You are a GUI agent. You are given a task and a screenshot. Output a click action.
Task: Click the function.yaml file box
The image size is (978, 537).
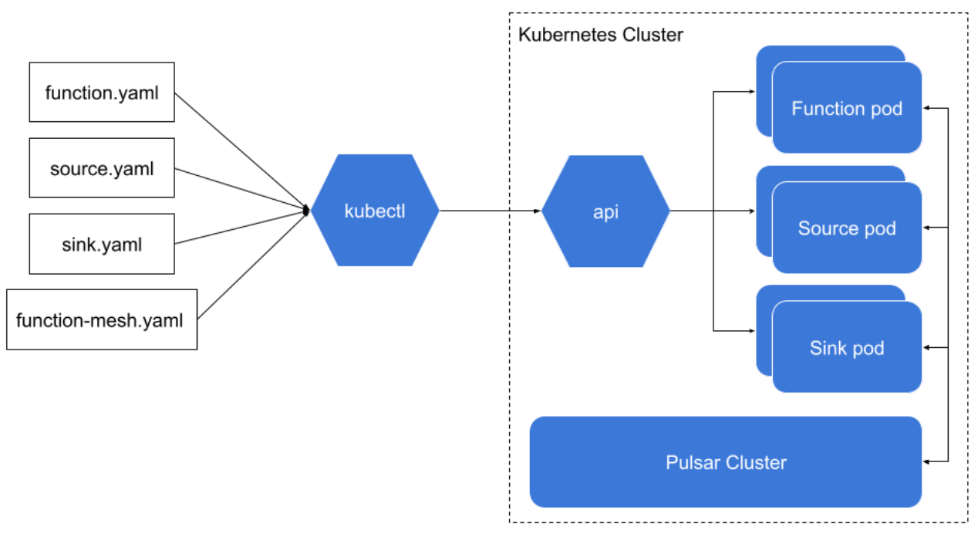click(x=102, y=93)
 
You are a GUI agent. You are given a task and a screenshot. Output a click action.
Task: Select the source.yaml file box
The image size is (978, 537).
click(x=102, y=167)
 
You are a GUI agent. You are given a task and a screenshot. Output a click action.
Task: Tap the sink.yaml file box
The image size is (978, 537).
click(x=102, y=244)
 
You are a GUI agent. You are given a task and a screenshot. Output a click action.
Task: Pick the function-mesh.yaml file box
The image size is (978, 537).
click(x=102, y=319)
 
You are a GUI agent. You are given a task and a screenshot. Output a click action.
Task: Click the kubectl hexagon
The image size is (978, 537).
click(x=375, y=211)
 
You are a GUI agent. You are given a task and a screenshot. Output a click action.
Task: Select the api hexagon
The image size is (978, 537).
click(x=605, y=211)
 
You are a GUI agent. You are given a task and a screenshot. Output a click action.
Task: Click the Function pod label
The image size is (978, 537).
click(x=846, y=109)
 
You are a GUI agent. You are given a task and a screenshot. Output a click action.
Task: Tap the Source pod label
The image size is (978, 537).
click(x=846, y=228)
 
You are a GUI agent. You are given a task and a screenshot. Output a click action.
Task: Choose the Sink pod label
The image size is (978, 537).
click(x=846, y=348)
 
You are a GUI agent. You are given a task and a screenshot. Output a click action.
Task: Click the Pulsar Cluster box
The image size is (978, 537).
click(x=726, y=462)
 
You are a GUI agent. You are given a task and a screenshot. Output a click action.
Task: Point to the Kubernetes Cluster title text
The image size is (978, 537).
click(x=600, y=35)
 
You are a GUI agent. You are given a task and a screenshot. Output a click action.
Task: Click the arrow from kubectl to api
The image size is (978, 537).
click(x=490, y=211)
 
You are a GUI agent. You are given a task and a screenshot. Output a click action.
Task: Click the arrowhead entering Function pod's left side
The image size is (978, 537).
click(x=752, y=92)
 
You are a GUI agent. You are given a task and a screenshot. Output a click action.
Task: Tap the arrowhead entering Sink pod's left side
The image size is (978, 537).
click(x=752, y=331)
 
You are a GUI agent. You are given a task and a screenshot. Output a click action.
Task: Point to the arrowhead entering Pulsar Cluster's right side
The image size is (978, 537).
click(x=928, y=461)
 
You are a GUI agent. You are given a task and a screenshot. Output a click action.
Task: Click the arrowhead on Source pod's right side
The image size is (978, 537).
click(x=928, y=228)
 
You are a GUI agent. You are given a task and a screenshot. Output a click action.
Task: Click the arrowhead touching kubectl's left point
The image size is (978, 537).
click(x=307, y=210)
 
